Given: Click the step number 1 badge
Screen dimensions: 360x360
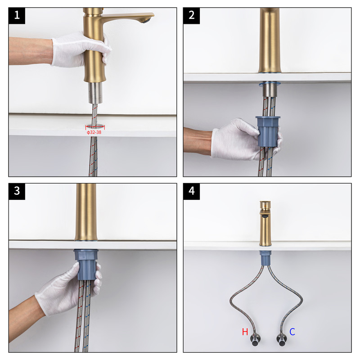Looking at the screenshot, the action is [17, 16].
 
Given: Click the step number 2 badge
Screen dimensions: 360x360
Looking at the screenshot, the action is [191, 16].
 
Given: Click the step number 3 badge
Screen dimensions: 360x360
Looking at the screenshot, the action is [17, 191].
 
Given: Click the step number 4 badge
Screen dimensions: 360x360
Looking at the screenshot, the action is [191, 191].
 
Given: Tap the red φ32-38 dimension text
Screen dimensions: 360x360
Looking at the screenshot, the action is [94, 132].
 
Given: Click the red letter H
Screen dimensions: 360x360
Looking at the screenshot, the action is [245, 332].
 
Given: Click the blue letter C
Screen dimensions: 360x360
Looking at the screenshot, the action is [292, 332].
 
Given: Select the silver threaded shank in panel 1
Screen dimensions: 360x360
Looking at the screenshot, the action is [95, 93].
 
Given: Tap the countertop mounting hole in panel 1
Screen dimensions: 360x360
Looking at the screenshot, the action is [95, 126].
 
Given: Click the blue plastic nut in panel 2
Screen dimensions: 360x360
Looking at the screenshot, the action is [268, 131].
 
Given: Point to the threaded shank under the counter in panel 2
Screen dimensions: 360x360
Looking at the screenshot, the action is [270, 90].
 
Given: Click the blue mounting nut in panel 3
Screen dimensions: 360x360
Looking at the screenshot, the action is [86, 265].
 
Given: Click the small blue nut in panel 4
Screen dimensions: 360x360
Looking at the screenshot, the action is [265, 258].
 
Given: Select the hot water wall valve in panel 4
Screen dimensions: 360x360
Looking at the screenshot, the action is [255, 339].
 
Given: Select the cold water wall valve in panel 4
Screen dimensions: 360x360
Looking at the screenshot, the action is [282, 340].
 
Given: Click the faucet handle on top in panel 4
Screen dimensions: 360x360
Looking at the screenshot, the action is [265, 205].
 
